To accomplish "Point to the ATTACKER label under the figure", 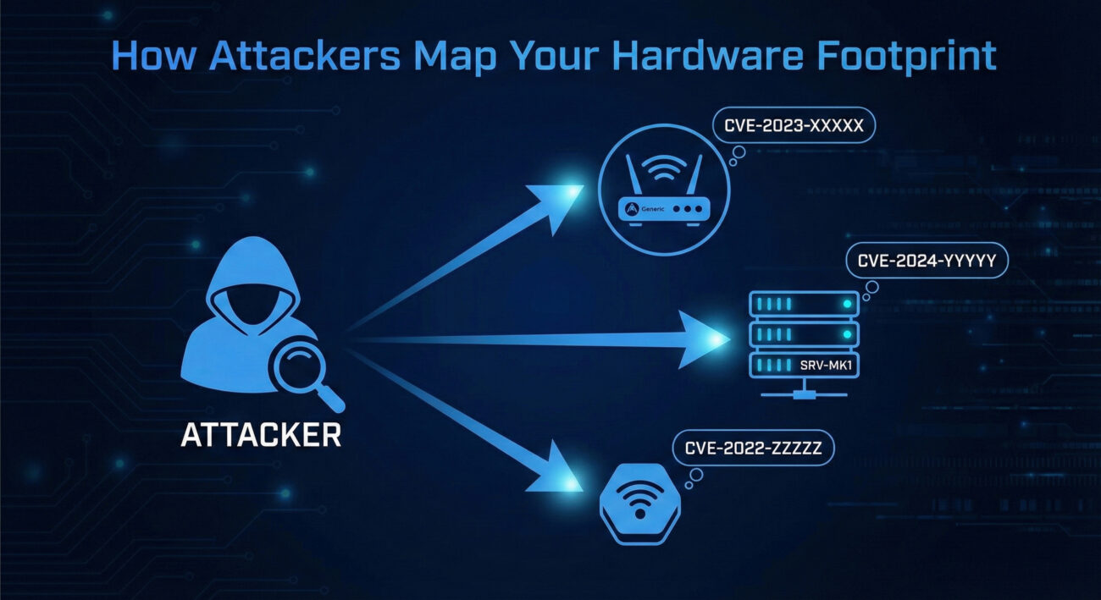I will tap(261, 434).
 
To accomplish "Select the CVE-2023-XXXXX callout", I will tap(794, 126).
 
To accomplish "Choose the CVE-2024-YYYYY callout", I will tap(927, 261).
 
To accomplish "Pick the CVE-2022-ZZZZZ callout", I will tap(752, 449).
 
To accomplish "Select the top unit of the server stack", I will tap(804, 303).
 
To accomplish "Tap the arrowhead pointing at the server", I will tap(707, 339).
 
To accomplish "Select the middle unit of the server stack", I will tap(804, 333).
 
